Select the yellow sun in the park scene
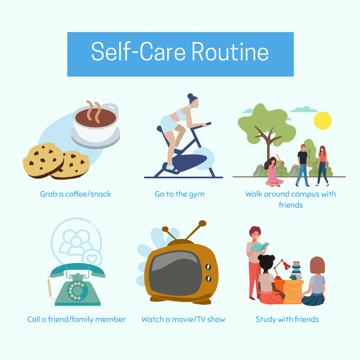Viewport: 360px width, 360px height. pos(323,121)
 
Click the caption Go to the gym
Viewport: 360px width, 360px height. pos(180,194)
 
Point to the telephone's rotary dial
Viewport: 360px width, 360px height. pos(78,291)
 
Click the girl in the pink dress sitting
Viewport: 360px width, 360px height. pos(273,171)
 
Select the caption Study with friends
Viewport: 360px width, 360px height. pos(287,319)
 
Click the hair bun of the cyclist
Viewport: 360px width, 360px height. pos(190,96)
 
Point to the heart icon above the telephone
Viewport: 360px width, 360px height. pos(92,259)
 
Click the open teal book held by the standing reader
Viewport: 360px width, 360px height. pos(259,247)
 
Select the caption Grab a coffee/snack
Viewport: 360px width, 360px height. pos(76,194)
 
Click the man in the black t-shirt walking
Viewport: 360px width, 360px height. pos(303,165)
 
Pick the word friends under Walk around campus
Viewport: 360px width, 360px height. pos(291,205)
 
